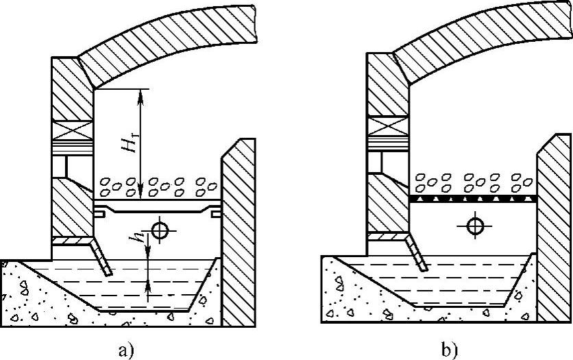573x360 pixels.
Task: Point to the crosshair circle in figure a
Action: tap(160, 230)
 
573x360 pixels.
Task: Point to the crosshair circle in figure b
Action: tap(474, 224)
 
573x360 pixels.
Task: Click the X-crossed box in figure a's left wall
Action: tap(72, 130)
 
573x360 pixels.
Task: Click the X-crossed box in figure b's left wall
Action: tap(388, 125)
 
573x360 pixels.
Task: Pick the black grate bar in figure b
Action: tap(473, 197)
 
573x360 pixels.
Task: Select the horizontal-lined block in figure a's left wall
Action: tap(72, 147)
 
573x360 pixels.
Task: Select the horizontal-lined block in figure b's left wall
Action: tap(388, 143)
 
